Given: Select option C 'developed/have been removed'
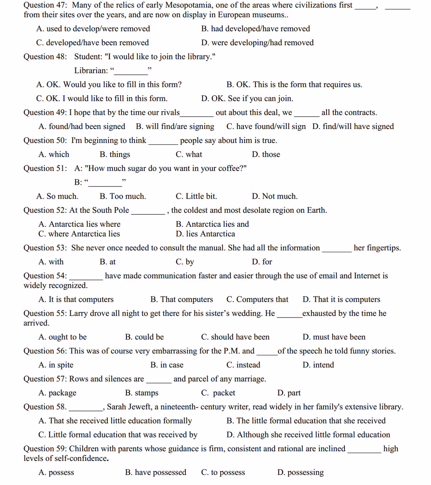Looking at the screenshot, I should (x=92, y=43).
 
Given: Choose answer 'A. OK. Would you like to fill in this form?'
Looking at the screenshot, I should (x=109, y=84).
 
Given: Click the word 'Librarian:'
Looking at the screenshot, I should (x=91, y=70).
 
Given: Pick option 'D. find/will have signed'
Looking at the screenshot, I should (x=353, y=126).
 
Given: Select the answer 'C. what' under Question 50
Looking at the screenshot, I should (x=189, y=154).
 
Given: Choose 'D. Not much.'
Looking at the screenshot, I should (x=275, y=197).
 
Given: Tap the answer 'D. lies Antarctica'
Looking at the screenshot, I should (x=205, y=234).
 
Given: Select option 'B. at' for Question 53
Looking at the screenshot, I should (x=108, y=262).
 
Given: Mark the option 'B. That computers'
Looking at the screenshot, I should (x=182, y=300).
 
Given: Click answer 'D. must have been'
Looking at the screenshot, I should (x=334, y=337).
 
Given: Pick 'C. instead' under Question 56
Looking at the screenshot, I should (x=243, y=365).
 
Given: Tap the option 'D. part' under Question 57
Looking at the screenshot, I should (x=289, y=393).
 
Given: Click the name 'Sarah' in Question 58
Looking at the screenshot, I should (x=117, y=407).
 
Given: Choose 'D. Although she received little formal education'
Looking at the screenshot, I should (x=308, y=435).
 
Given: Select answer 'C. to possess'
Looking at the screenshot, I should (x=223, y=472).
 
